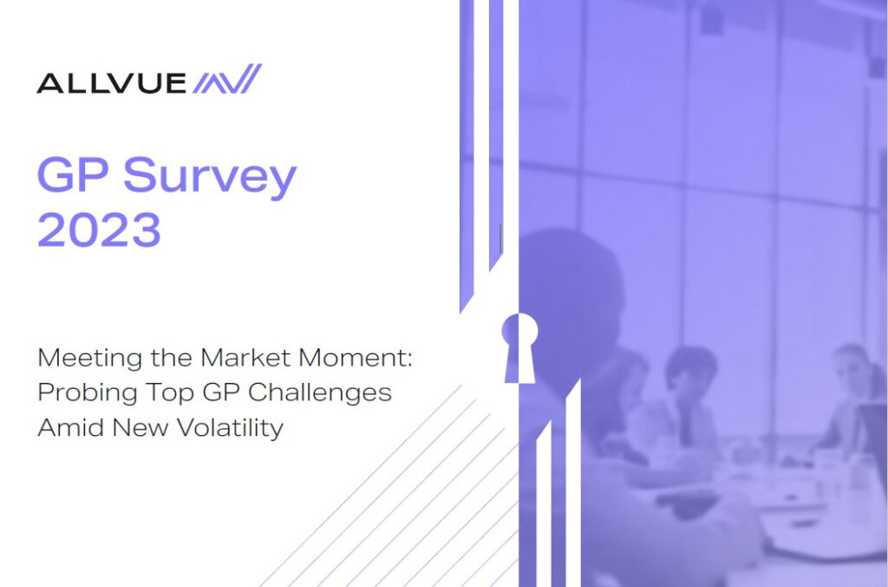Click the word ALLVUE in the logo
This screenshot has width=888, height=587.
(x=111, y=82)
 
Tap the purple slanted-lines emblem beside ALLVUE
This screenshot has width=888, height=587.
(x=227, y=78)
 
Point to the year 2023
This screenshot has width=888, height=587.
(x=99, y=229)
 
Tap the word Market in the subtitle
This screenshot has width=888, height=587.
(x=245, y=358)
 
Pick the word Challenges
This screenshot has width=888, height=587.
(x=320, y=393)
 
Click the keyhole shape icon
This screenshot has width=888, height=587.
(x=519, y=347)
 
